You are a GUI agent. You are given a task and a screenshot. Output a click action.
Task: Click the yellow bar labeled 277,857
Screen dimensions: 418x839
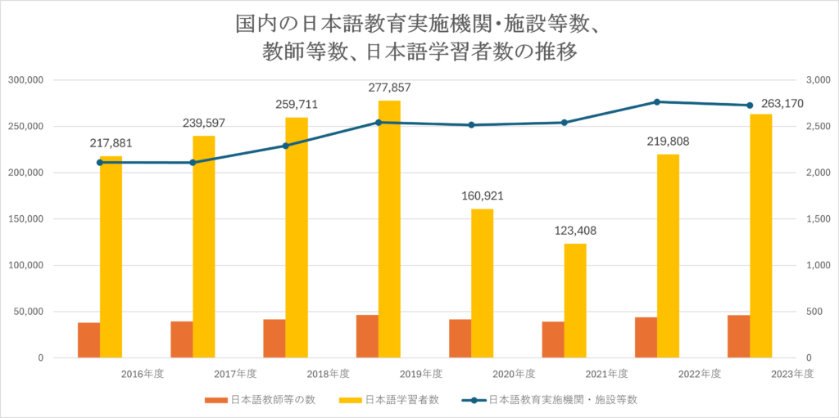389,229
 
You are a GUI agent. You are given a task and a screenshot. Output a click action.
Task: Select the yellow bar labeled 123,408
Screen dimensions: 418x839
575,300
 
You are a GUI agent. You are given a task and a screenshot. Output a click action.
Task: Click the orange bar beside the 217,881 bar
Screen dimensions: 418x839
88,340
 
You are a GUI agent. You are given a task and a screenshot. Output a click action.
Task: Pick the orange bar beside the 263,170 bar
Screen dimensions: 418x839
738,336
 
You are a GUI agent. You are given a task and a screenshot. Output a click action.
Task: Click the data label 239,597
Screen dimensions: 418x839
203,123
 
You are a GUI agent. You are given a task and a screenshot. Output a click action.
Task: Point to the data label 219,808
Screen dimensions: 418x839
668,142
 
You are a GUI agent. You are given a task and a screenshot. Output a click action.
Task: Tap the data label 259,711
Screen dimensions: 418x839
296,105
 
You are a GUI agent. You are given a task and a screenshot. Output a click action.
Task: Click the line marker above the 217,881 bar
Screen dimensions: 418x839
100,162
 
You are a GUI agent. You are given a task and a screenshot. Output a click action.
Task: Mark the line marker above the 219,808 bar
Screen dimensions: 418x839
657,101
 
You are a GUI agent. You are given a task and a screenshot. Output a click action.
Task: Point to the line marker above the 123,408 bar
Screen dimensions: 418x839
564,123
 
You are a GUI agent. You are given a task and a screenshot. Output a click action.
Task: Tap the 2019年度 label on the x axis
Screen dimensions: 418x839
421,374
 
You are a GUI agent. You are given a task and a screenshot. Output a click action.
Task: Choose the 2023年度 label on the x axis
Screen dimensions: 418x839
792,374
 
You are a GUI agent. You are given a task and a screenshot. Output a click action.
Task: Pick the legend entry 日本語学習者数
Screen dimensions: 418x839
401,400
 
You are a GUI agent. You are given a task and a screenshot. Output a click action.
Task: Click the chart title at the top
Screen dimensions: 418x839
419,37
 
